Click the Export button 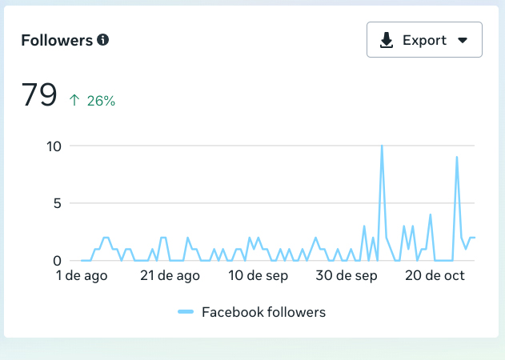[424, 40]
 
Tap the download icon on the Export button [387, 41]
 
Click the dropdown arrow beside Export [462, 41]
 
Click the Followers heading [57, 40]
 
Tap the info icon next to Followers [102, 39]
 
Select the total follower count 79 [39, 95]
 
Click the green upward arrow [74, 101]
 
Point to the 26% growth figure [102, 101]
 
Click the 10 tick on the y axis [54, 146]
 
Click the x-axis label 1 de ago [82, 276]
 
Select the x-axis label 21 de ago [170, 276]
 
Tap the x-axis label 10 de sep [259, 276]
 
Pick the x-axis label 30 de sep [347, 276]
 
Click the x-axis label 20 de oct [435, 276]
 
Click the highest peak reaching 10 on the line [382, 146]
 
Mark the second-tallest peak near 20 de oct [456, 158]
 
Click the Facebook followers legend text [263, 312]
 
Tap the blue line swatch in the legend [186, 312]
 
